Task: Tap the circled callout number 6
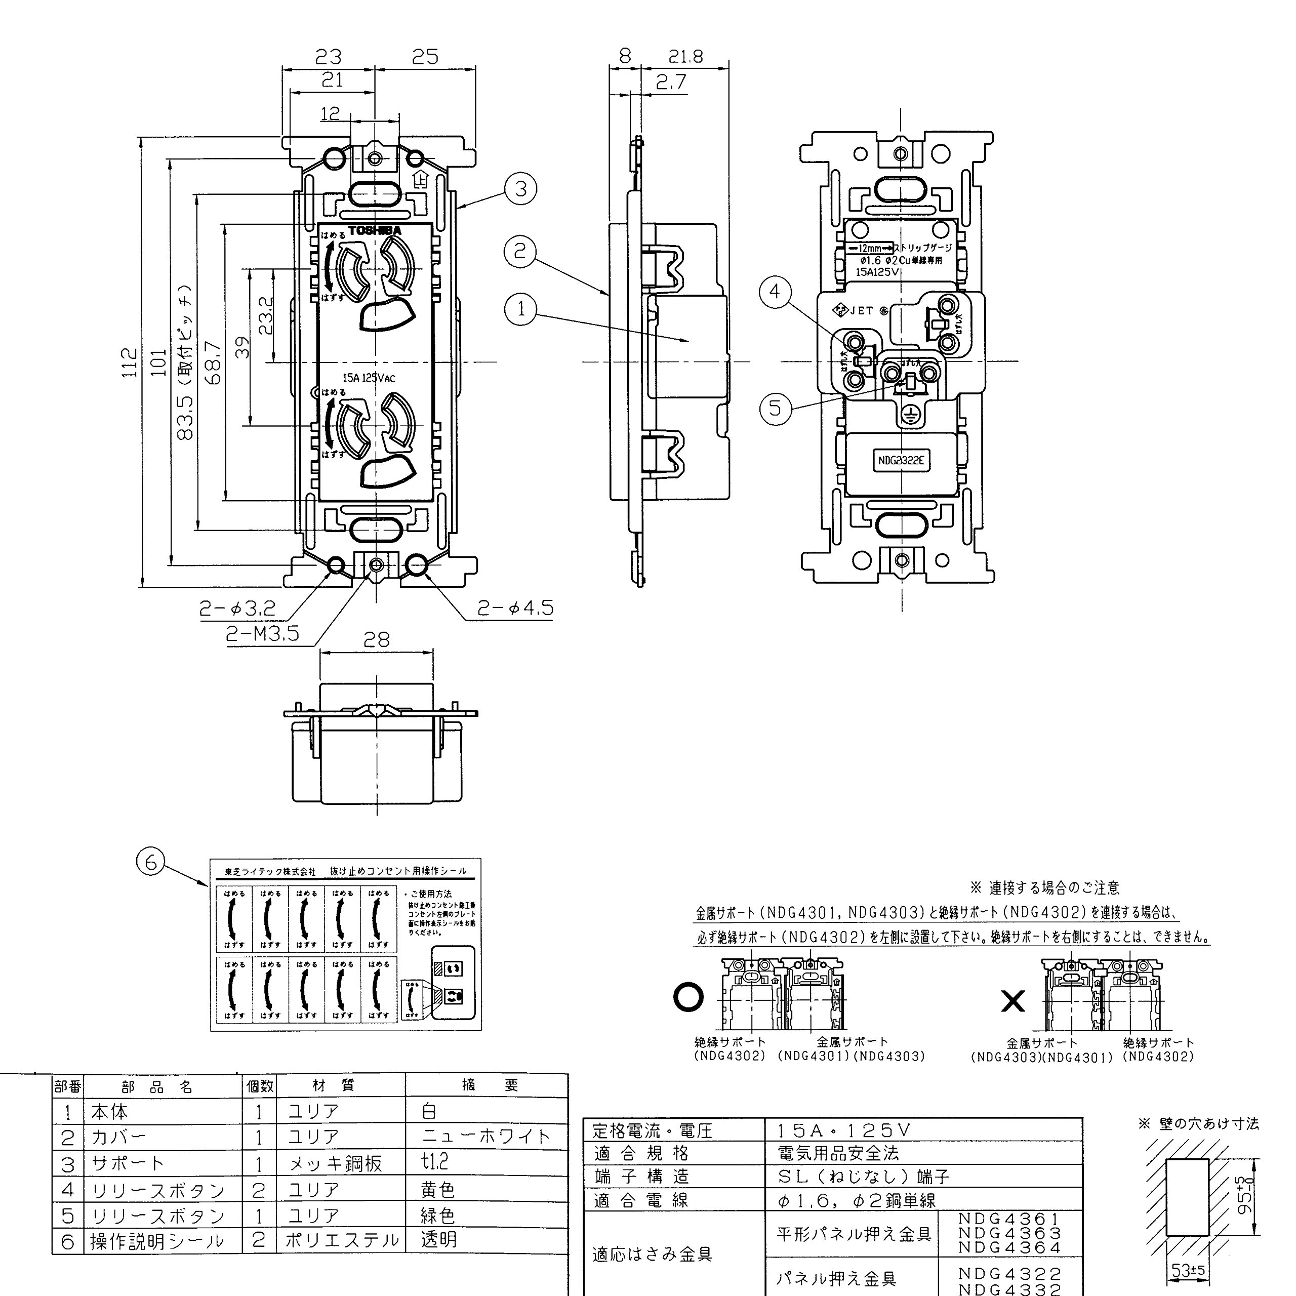[150, 861]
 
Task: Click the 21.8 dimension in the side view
[685, 57]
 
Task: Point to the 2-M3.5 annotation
[262, 634]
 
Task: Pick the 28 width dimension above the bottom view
[376, 640]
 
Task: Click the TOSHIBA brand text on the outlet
[374, 230]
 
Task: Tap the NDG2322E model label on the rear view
[901, 461]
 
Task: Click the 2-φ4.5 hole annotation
[515, 609]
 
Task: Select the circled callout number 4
[775, 292]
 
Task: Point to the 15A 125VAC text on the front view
[369, 378]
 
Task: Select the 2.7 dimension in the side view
[671, 82]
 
